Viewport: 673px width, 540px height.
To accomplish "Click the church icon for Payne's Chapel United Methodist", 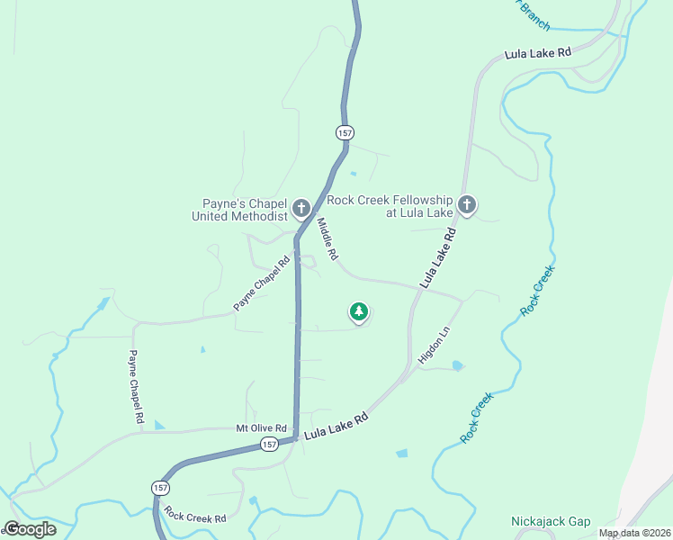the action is point(301,208).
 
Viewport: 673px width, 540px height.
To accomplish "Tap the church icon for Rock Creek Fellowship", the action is point(466,205).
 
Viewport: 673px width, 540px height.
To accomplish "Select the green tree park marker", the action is point(359,312).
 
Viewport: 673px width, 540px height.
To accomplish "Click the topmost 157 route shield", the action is point(345,132).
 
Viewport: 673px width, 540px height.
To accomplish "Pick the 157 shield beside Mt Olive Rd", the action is point(270,445).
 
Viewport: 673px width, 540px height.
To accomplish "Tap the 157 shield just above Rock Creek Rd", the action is point(159,487).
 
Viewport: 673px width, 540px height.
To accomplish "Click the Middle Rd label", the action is point(327,240).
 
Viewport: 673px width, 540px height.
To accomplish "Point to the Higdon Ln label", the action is point(433,346).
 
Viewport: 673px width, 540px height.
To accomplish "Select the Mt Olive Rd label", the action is point(261,428).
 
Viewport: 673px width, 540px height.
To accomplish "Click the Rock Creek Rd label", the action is point(195,517).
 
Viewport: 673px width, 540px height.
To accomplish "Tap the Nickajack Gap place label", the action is point(551,521).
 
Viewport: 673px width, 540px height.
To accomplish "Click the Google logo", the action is point(30,529).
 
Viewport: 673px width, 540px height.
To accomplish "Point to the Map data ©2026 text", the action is point(634,533).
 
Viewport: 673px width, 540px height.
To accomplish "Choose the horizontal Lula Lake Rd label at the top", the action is point(538,53).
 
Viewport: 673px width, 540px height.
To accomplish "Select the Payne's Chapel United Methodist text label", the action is point(239,209).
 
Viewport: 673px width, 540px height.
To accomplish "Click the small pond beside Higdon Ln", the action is point(458,366).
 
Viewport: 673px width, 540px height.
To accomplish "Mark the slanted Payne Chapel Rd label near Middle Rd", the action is point(262,284).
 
